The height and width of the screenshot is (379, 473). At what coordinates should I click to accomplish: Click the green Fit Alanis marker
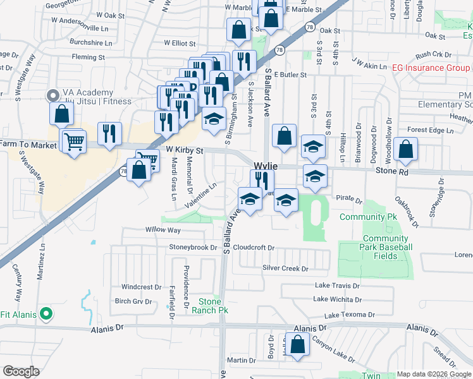tap(46, 313)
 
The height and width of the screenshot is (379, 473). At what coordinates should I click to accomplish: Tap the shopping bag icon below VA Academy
tap(61, 114)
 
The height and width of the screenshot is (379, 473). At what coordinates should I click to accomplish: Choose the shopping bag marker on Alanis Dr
tap(298, 344)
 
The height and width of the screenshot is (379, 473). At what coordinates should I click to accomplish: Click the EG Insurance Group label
tap(429, 68)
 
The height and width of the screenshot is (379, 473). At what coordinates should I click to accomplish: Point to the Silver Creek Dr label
tap(285, 268)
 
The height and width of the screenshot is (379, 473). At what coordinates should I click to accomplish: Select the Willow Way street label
tap(163, 230)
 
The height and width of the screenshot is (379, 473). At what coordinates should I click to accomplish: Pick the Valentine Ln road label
tap(201, 196)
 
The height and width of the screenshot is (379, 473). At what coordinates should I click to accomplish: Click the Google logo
tap(21, 371)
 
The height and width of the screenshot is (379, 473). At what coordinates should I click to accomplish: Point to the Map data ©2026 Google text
tap(434, 374)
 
